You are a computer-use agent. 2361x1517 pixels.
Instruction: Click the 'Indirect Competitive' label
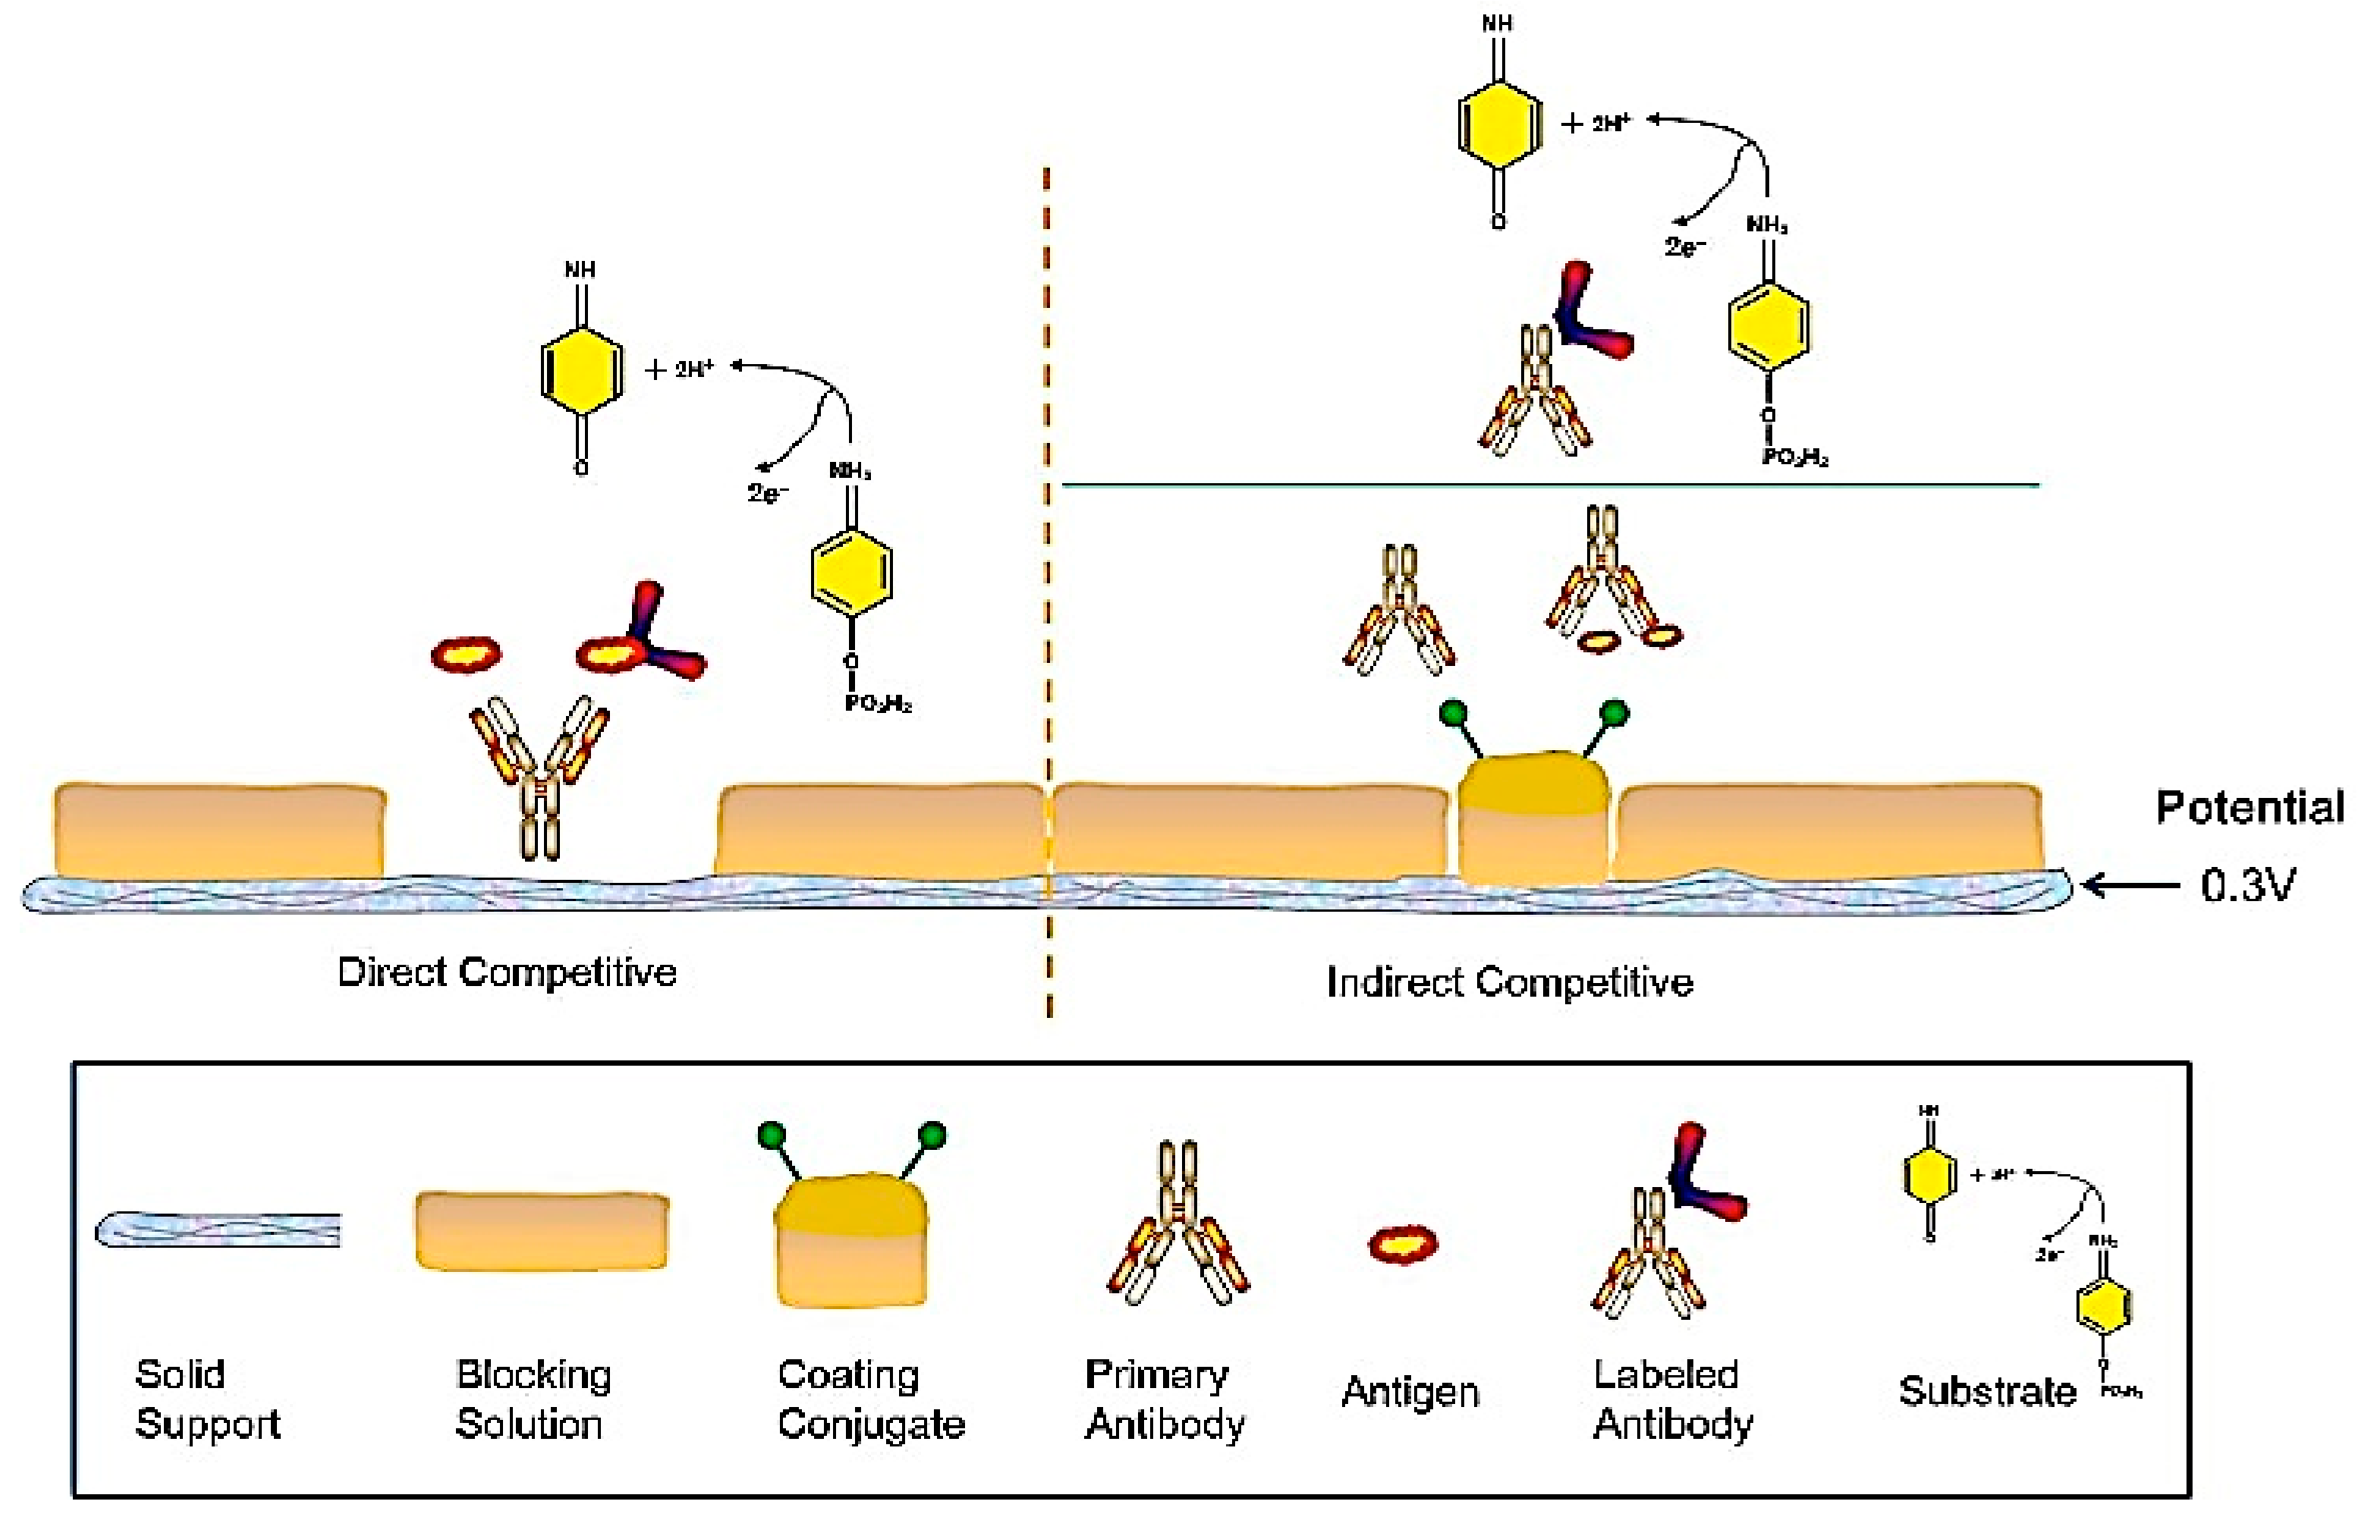(x=1509, y=982)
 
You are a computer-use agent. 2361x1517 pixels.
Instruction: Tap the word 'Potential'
(x=2249, y=808)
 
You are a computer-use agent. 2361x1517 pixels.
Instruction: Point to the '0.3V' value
(x=2248, y=887)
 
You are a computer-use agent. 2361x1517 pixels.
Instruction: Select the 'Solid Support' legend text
(x=207, y=1399)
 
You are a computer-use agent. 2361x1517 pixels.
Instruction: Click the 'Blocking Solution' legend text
(x=532, y=1399)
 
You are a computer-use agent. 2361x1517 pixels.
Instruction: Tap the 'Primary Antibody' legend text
(x=1165, y=1399)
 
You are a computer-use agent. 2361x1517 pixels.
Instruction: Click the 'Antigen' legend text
(x=1410, y=1392)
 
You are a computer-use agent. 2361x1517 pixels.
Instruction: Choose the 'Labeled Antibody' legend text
(x=1672, y=1399)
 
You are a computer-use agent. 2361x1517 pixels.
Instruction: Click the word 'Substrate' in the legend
(x=1987, y=1392)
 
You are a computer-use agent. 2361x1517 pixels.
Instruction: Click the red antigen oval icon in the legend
(x=1403, y=1245)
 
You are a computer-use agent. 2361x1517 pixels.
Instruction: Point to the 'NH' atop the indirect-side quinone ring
(x=1497, y=23)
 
